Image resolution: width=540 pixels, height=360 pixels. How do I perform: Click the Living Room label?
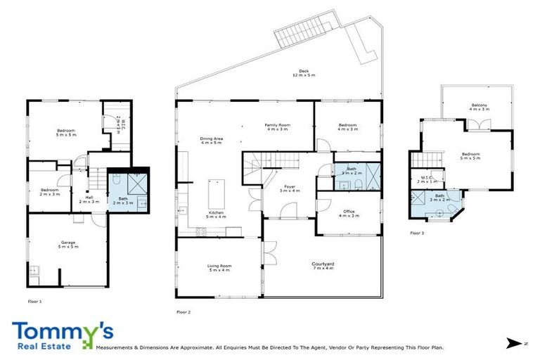pyautogui.click(x=219, y=267)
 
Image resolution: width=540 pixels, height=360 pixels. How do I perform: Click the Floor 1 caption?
pyautogui.click(x=35, y=301)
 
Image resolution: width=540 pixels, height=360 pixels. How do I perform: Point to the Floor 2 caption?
pyautogui.click(x=184, y=311)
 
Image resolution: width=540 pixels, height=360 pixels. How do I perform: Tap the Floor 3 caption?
pyautogui.click(x=418, y=233)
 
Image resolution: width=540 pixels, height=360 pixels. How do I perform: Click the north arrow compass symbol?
pyautogui.click(x=514, y=343)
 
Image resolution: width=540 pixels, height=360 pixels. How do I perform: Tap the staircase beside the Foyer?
pyautogui.click(x=254, y=168)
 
